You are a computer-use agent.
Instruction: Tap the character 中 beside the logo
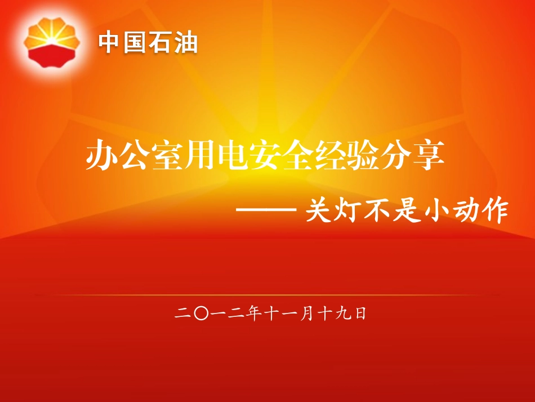[x=109, y=43]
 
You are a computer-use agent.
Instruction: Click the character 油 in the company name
[x=186, y=43]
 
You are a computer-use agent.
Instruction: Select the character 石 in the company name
[x=160, y=43]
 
